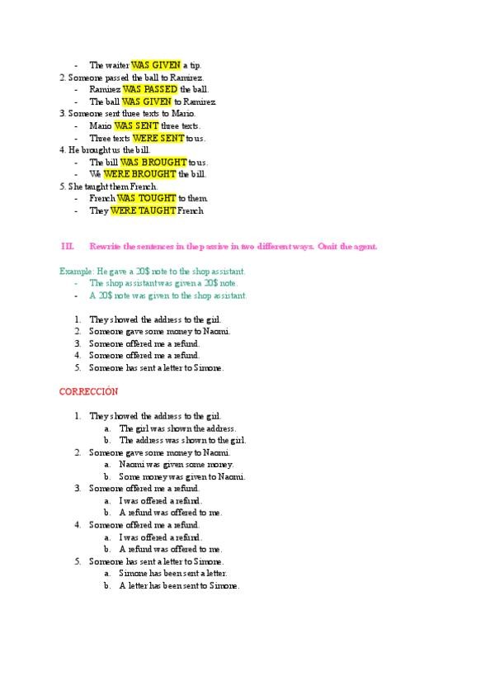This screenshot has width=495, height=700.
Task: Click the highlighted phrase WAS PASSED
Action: coord(150,89)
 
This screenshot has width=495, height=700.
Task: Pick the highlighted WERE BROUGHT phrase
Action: coord(139,174)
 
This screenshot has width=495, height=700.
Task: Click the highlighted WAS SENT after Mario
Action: coord(136,125)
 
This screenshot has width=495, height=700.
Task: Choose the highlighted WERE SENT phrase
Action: coord(158,138)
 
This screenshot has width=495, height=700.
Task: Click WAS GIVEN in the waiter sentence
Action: coord(155,65)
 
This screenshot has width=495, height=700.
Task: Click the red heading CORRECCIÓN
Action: coord(89,390)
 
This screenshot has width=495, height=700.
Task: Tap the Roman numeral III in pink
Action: coord(68,247)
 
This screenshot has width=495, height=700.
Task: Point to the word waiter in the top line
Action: coord(116,65)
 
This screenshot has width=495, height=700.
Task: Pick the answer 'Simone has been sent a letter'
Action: coord(172,573)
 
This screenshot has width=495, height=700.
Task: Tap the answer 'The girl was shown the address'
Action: coord(177,428)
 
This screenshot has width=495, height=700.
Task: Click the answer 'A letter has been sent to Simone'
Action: coord(179,585)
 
